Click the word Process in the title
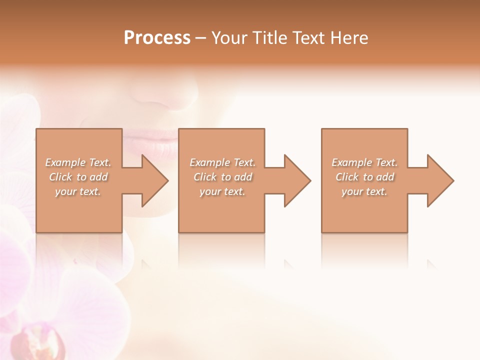[157, 38]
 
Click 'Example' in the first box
[65, 162]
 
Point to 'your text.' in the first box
[78, 191]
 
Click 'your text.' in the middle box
[222, 191]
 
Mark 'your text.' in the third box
[364, 191]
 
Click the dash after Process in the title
[201, 38]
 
